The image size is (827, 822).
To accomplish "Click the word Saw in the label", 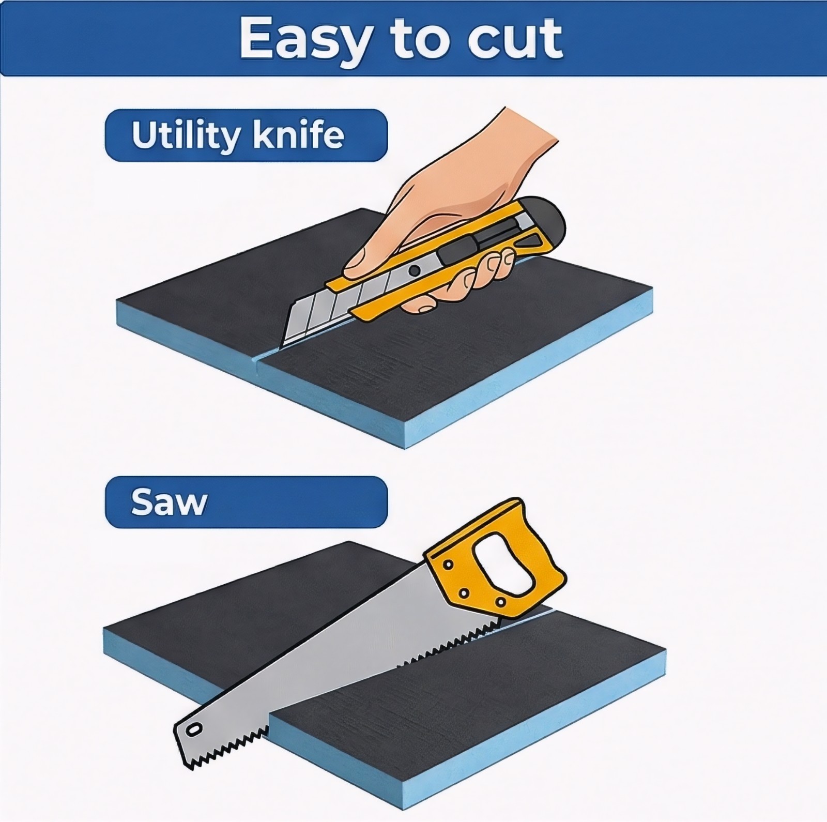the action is point(169,501).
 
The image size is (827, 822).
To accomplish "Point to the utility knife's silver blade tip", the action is point(283,345).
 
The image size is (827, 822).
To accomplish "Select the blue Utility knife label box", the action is point(246,135).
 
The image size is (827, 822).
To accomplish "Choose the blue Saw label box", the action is point(246,502).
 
